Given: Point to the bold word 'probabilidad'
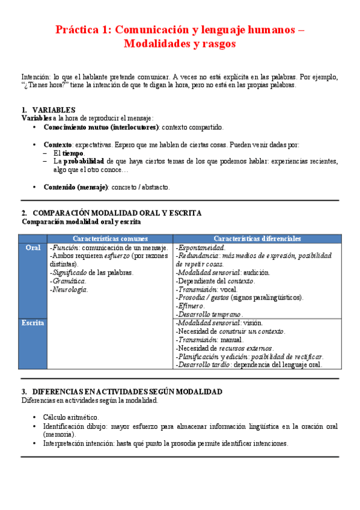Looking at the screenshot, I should pyautogui.click(x=84, y=161).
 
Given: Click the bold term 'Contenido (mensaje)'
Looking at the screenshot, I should pyautogui.click(x=76, y=187).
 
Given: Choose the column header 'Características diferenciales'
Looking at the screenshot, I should pyautogui.click(x=257, y=239).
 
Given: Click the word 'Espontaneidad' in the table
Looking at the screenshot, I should pyautogui.click(x=201, y=248).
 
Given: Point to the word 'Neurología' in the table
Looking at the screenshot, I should pyautogui.click(x=70, y=290).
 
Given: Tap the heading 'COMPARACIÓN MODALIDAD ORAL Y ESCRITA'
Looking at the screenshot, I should pyautogui.click(x=117, y=213).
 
